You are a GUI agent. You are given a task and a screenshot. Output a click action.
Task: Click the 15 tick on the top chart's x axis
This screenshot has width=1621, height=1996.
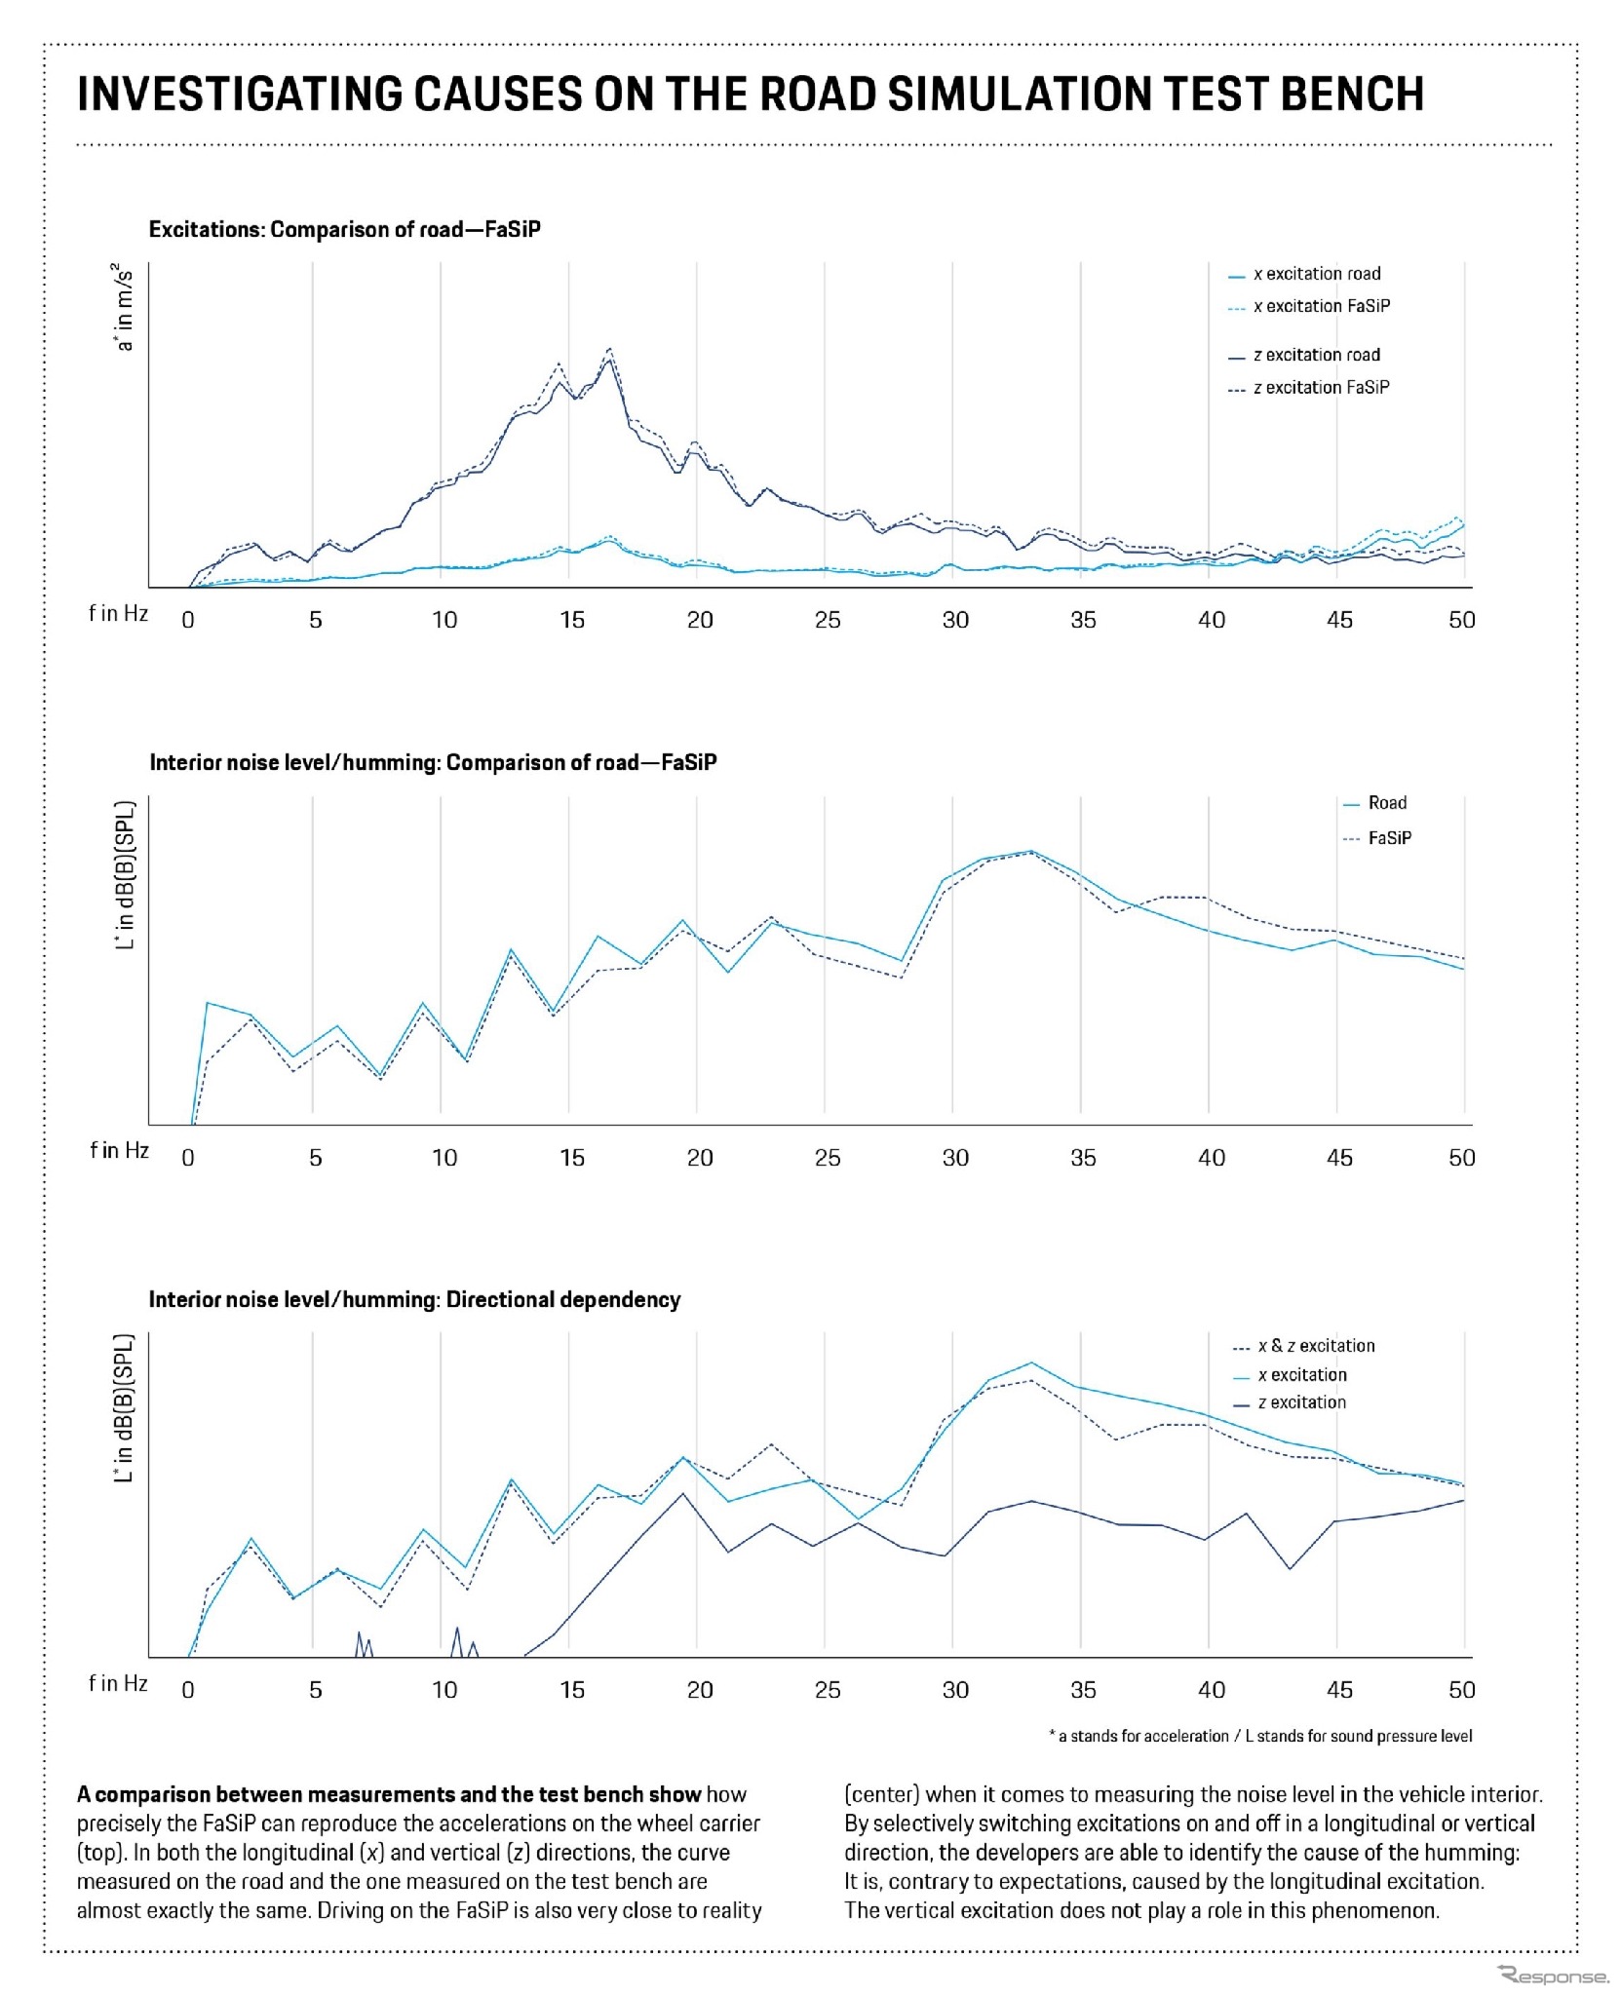[572, 620]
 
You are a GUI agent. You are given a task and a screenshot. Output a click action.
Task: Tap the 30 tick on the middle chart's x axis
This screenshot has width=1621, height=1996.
[955, 1158]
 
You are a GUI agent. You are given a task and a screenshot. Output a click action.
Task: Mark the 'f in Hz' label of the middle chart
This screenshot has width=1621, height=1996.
[119, 1151]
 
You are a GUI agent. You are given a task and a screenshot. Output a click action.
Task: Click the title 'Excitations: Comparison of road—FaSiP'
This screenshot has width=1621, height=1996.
[344, 230]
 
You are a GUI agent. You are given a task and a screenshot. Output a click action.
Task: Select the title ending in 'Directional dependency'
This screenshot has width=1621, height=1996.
[414, 1299]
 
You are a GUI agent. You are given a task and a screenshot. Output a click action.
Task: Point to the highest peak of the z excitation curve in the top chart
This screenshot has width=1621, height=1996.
[609, 349]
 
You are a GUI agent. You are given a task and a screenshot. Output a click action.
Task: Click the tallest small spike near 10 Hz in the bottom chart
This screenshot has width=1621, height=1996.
[456, 1629]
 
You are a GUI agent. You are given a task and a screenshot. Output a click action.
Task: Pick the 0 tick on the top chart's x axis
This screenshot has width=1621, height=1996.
[188, 620]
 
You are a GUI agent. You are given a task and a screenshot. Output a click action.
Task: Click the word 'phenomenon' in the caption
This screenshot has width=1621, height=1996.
[1373, 1910]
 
